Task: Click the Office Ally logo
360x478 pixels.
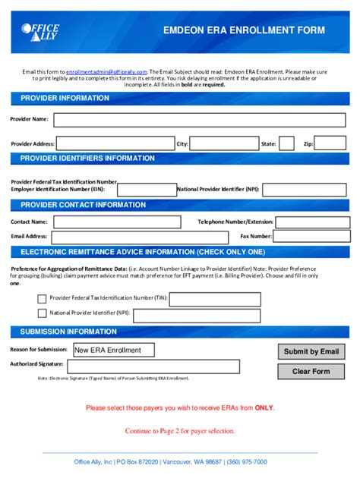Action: (40, 33)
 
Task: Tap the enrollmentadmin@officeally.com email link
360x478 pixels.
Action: (106, 71)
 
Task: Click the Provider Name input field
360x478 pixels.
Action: (200, 120)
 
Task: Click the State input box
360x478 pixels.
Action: (286, 143)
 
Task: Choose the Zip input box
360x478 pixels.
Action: (330, 143)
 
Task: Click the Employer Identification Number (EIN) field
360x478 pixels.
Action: (146, 189)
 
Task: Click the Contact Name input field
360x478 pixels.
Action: (116, 222)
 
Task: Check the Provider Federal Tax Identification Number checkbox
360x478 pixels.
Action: (42, 299)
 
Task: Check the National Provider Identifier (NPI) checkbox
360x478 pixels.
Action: (42, 313)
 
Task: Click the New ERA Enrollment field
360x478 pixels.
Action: (112, 350)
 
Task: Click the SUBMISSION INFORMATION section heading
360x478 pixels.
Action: (68, 332)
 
